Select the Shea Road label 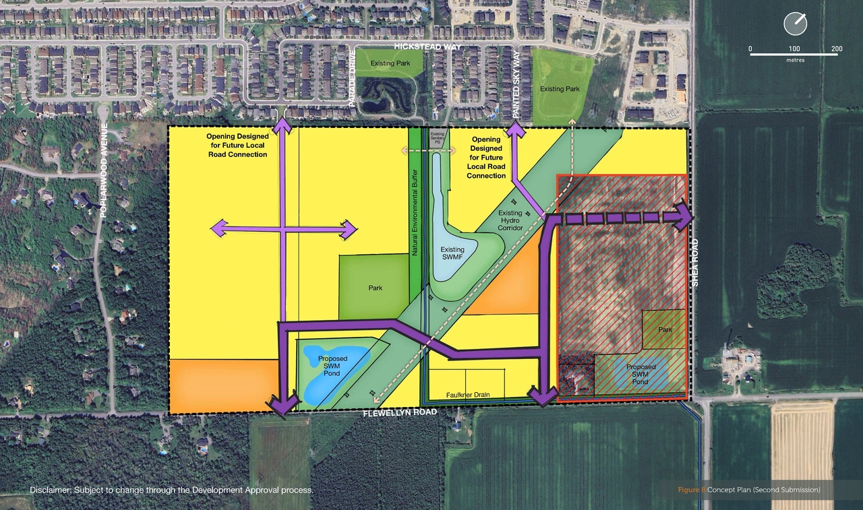(x=695, y=263)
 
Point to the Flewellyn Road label (x=400, y=412)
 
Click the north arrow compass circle (x=796, y=24)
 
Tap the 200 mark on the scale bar (x=837, y=49)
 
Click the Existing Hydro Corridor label (x=510, y=220)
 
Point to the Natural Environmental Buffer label (x=415, y=212)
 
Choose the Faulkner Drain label (x=467, y=395)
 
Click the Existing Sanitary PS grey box (x=438, y=139)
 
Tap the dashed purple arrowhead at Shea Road (x=684, y=217)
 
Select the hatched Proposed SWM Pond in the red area (x=640, y=375)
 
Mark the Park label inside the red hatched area (x=665, y=330)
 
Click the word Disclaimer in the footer (x=50, y=490)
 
